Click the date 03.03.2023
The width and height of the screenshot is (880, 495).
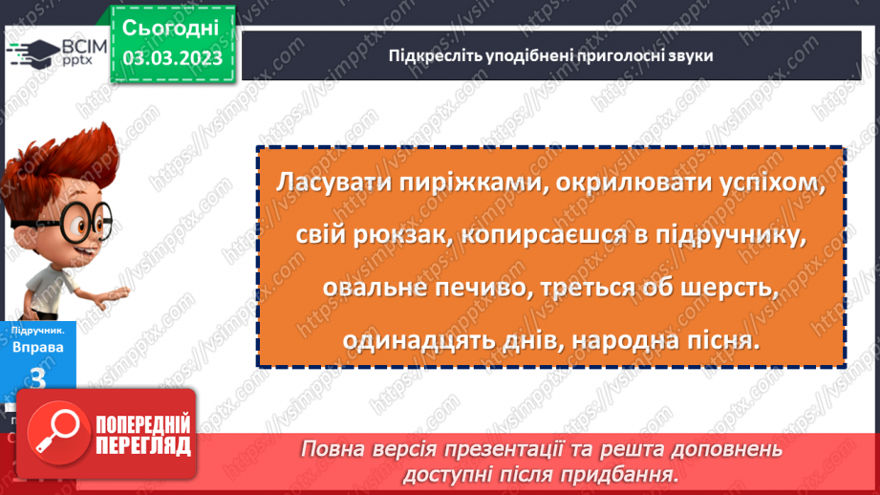pyautogui.click(x=172, y=58)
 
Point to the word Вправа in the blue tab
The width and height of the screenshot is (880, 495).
pyautogui.click(x=38, y=347)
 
